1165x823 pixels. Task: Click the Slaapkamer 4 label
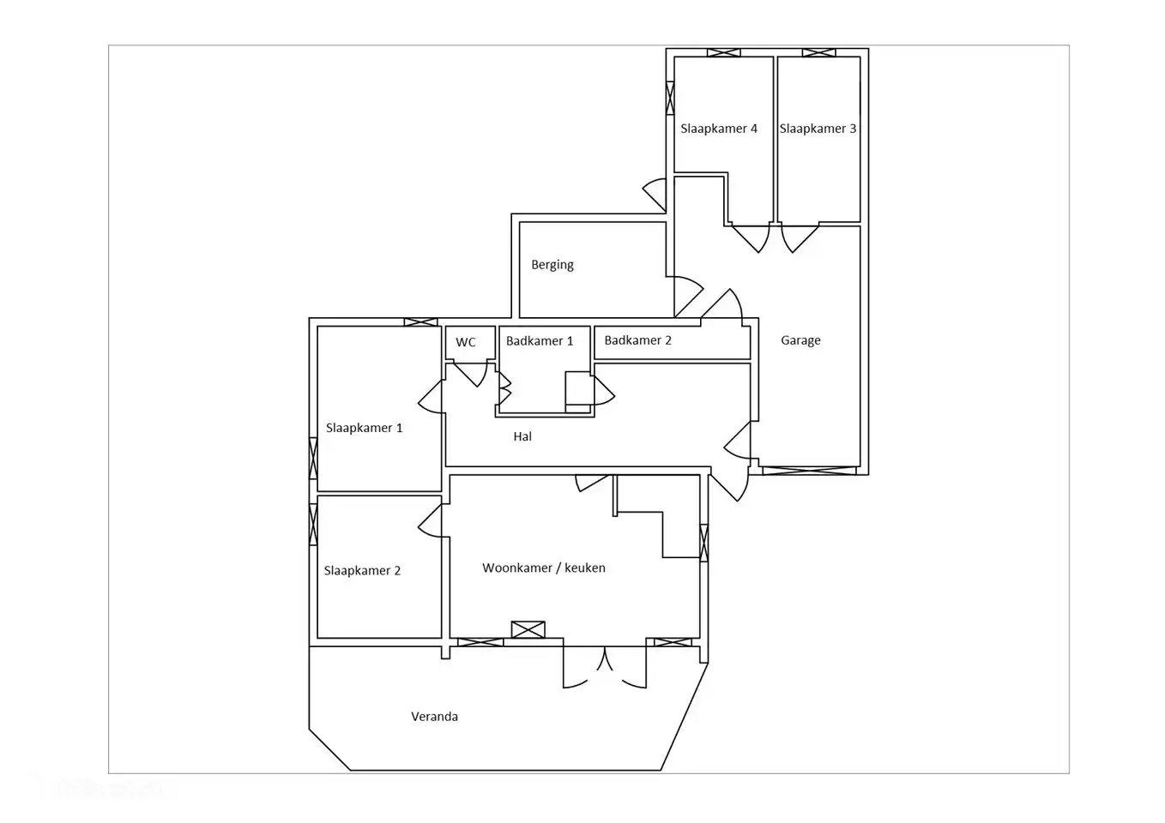click(718, 129)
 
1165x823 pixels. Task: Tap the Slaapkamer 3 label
click(818, 129)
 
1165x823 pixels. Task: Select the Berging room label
click(552, 265)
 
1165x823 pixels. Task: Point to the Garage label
click(800, 340)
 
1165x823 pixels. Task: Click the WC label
click(465, 342)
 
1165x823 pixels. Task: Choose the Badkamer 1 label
click(539, 341)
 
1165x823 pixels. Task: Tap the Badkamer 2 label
click(637, 340)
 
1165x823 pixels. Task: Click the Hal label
click(522, 436)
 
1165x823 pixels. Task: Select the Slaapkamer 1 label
click(364, 428)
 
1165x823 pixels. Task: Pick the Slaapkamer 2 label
click(362, 571)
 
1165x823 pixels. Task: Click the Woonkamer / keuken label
click(543, 568)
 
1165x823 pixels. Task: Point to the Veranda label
click(434, 717)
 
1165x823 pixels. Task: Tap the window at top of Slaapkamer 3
click(818, 53)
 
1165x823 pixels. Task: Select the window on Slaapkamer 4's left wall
click(670, 97)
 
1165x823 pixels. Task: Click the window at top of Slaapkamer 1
click(420, 322)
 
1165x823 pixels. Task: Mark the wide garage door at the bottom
click(809, 470)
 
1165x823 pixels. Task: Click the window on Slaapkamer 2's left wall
click(313, 525)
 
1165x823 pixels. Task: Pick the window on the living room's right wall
click(704, 543)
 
